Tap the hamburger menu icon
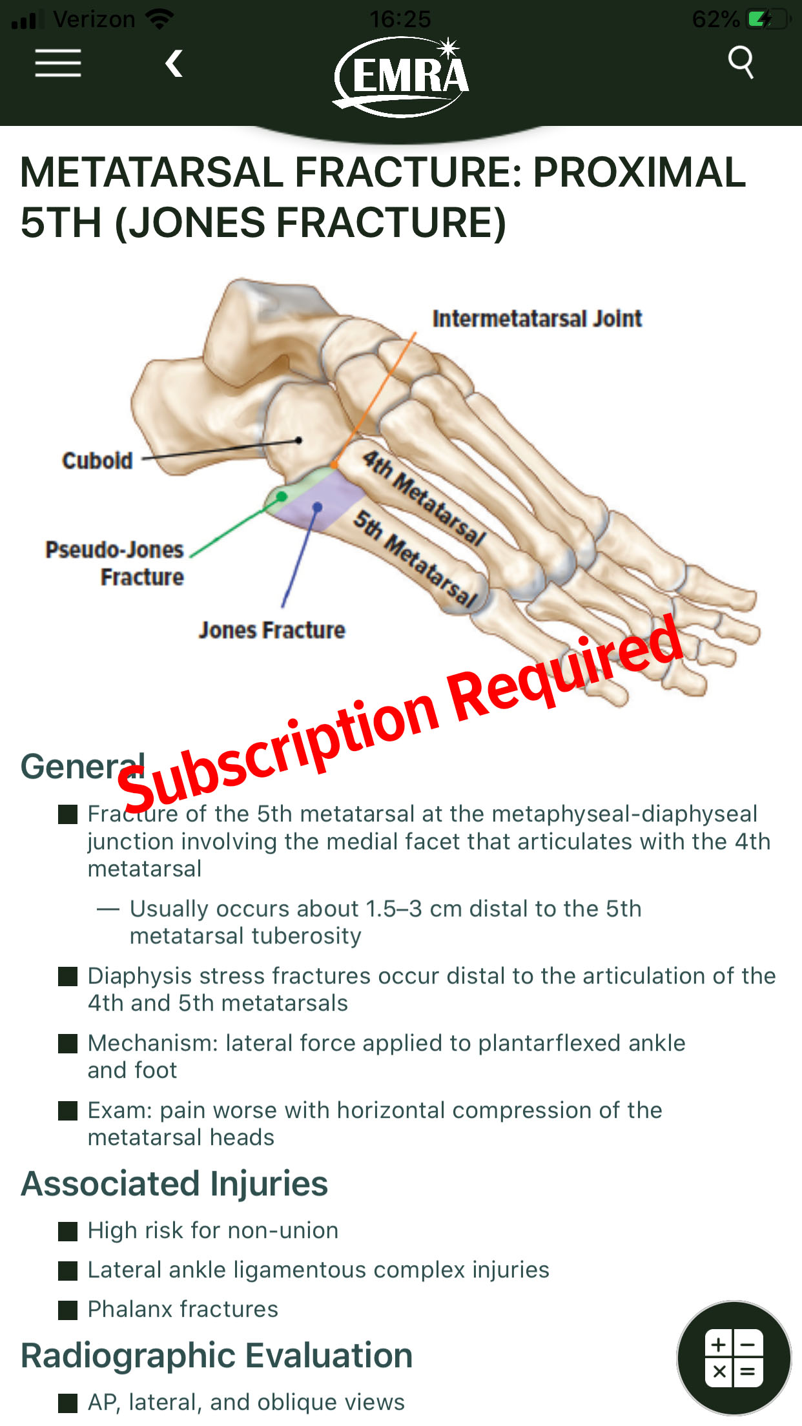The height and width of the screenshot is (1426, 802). pos(58,63)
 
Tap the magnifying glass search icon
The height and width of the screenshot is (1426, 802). pos(741,62)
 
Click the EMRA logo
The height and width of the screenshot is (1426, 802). pos(402,76)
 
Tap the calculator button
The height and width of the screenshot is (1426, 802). pos(734,1358)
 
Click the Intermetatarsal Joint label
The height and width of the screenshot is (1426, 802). pos(537,318)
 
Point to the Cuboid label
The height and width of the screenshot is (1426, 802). pos(98,460)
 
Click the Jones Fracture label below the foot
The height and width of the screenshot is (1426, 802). pos(272,630)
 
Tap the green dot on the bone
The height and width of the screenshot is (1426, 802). pos(282,496)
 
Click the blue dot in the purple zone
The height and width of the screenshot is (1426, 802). pos(317,508)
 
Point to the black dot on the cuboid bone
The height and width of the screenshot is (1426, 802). pos(298,440)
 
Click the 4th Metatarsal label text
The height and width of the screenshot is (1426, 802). pos(424,499)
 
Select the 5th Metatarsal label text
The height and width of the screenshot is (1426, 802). pos(416,559)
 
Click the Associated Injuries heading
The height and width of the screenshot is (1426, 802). pos(174,1184)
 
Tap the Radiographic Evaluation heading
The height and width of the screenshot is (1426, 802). pos(217,1356)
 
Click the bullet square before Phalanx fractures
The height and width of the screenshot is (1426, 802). pos(68,1310)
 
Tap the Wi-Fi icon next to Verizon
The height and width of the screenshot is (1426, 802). pos(159,19)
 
